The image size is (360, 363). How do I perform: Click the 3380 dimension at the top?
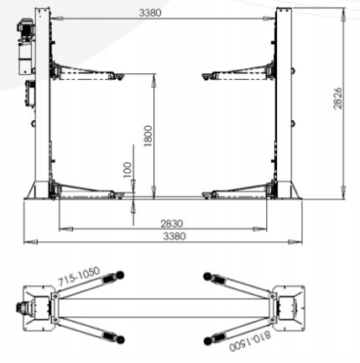[x=150, y=13]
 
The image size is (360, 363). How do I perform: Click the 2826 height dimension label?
[x=337, y=98]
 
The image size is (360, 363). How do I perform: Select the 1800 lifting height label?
[x=148, y=136]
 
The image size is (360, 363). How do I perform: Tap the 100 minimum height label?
[x=128, y=170]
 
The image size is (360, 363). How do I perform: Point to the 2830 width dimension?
[x=172, y=224]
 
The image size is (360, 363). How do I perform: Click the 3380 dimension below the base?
[x=175, y=236]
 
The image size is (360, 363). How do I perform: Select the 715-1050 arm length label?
[x=79, y=276]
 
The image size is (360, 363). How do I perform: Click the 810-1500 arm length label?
[x=250, y=341]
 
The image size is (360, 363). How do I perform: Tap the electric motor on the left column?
[x=25, y=28]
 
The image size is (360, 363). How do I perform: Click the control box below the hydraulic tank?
[x=30, y=93]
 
